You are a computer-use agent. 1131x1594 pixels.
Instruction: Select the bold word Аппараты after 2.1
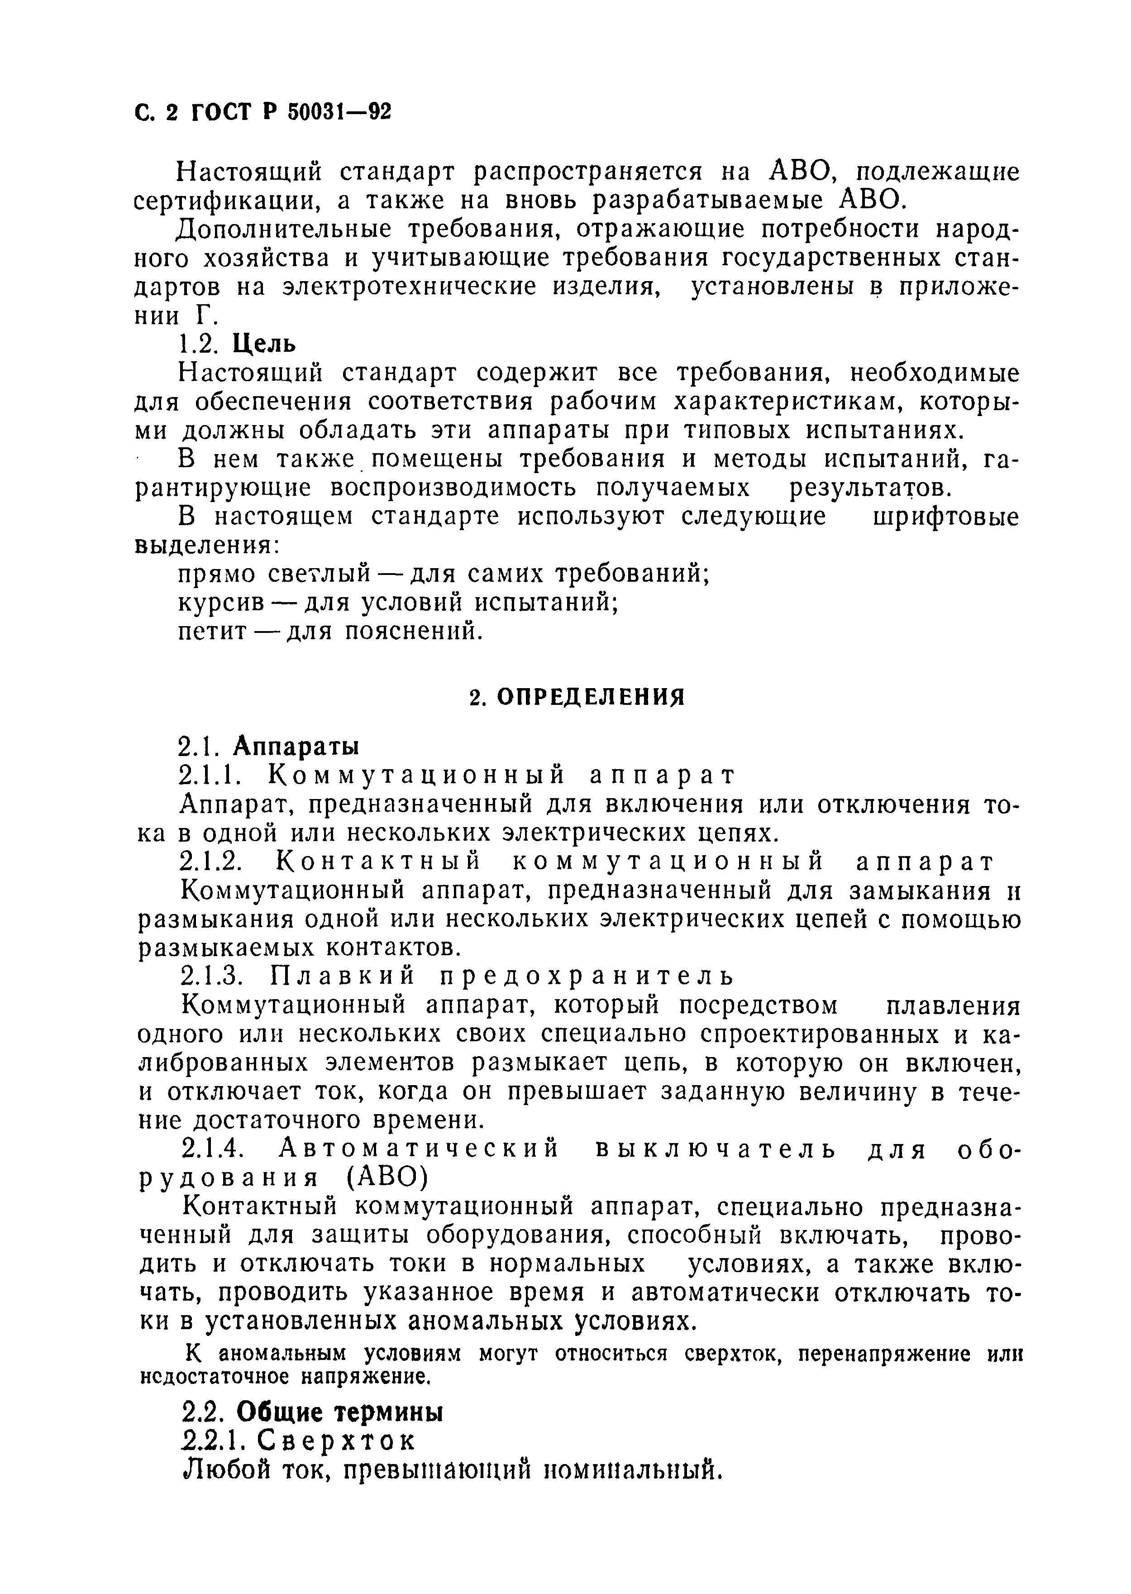point(296,746)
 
